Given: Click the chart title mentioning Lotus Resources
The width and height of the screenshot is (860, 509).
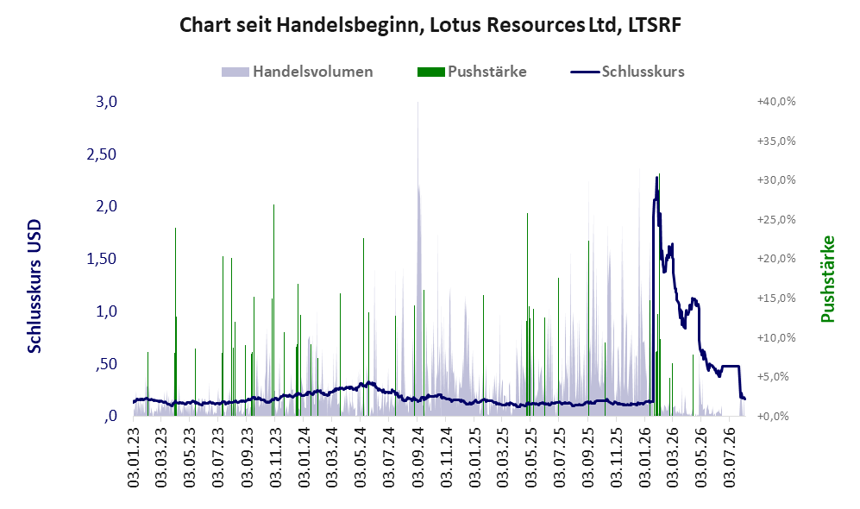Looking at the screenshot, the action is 430,25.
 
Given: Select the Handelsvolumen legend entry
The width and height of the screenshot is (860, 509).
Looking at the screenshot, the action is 298,72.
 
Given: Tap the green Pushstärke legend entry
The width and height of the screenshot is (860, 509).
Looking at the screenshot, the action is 472,72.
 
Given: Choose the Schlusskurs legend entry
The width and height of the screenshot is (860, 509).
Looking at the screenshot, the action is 627,72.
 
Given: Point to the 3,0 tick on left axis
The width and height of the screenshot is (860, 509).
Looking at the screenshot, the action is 106,102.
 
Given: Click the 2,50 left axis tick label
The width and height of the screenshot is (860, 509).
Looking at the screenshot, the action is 102,154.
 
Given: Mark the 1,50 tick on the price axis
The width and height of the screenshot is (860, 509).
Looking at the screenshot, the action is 102,259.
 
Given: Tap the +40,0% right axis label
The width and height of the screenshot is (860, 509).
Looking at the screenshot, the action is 776,102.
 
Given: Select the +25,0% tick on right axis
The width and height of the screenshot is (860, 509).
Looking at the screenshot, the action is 776,219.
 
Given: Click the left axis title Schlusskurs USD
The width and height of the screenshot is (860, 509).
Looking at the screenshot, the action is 34,286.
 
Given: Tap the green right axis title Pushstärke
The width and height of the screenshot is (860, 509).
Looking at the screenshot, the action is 827,280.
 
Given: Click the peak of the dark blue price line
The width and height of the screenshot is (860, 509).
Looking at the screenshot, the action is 657,177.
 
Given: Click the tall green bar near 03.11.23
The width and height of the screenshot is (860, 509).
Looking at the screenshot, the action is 273,310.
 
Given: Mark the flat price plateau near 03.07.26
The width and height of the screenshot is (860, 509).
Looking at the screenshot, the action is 731,366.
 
